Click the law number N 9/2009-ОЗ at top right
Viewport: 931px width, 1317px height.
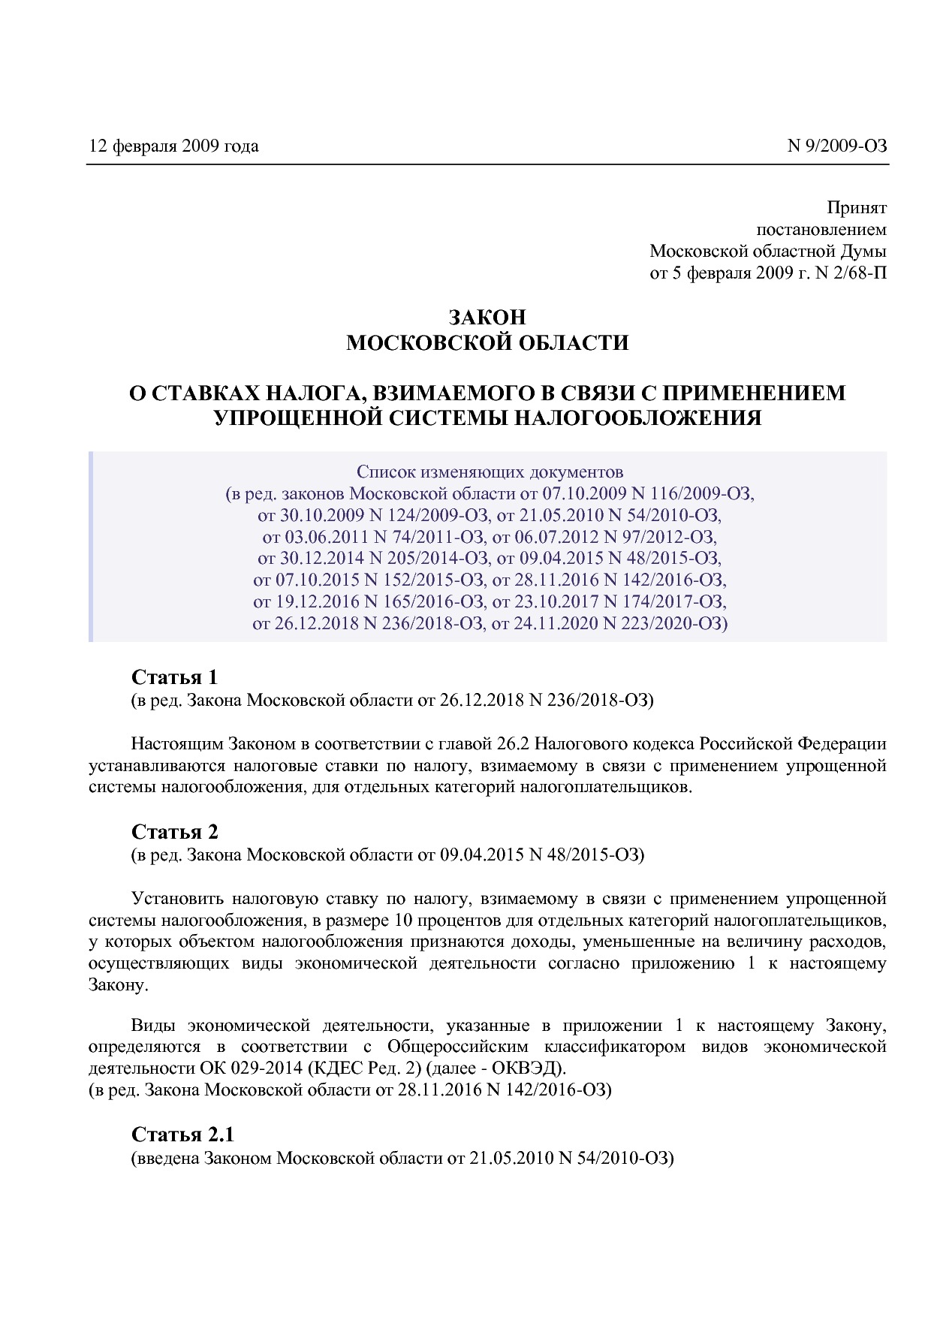836,146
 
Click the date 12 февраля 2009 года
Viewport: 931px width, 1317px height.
173,146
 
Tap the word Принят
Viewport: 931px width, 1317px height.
856,207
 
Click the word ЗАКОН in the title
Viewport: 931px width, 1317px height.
487,318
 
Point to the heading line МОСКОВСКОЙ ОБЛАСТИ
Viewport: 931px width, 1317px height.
487,343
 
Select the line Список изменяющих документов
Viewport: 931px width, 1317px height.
490,472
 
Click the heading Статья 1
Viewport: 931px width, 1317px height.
174,677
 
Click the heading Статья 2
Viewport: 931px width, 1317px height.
174,832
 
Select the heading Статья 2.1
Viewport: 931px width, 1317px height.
183,1135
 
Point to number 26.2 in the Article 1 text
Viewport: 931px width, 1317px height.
514,744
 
